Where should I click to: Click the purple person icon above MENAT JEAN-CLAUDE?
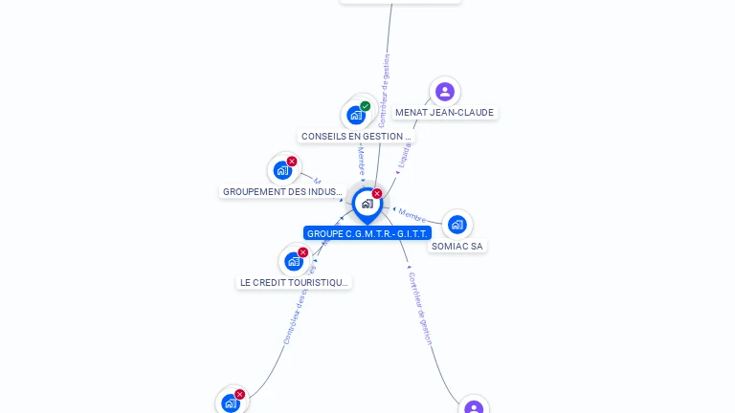(x=444, y=92)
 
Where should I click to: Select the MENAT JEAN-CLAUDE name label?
(x=444, y=113)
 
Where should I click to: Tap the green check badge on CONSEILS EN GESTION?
(x=366, y=106)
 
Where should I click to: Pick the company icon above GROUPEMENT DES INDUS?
(x=282, y=170)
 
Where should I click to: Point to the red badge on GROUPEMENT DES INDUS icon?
(x=292, y=162)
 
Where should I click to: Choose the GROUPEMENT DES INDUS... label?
(x=282, y=192)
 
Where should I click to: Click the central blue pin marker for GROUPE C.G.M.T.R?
(x=367, y=204)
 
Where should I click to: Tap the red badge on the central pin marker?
(x=377, y=194)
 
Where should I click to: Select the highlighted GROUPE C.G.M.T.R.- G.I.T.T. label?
(x=367, y=233)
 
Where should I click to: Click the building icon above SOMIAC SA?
(x=457, y=225)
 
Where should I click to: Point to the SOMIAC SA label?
(x=457, y=247)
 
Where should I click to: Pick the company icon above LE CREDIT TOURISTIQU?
(x=293, y=261)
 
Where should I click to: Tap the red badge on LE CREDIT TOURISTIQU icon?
(x=303, y=252)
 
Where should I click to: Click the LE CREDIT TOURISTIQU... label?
(x=294, y=283)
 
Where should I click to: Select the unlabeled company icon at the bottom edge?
(x=231, y=402)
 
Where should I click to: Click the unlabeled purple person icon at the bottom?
(x=474, y=408)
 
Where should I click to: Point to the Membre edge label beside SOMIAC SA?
(x=412, y=215)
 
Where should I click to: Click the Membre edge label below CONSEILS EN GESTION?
(x=361, y=161)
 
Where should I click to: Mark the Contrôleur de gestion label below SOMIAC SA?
(x=420, y=308)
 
